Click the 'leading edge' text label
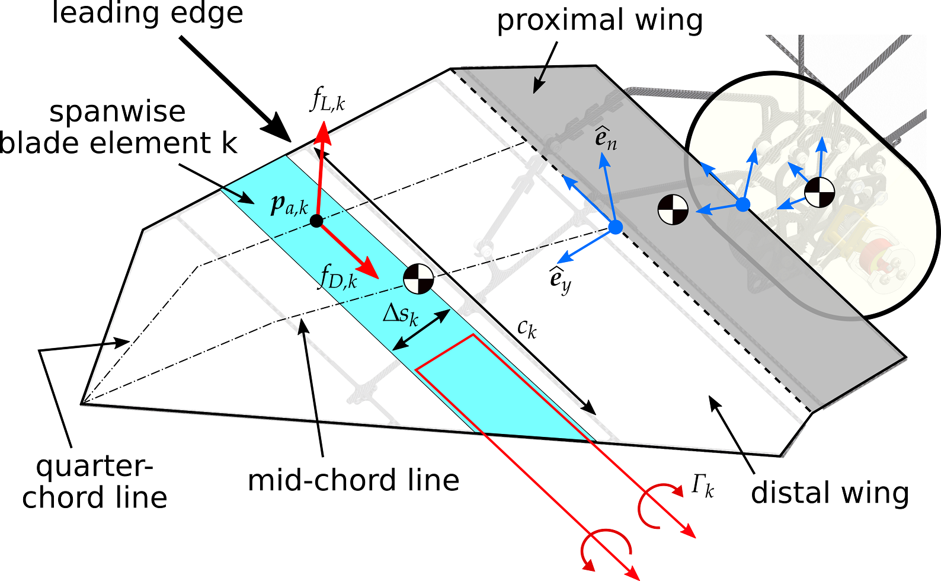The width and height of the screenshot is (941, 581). click(148, 13)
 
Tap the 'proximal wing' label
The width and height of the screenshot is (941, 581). click(600, 21)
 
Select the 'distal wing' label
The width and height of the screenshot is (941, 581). click(830, 493)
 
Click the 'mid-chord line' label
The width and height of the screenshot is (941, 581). click(353, 480)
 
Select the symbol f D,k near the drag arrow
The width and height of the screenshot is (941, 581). click(338, 276)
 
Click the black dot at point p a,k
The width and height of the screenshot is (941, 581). click(316, 221)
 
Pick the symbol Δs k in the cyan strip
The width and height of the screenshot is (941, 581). click(401, 314)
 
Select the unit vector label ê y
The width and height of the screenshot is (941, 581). click(560, 279)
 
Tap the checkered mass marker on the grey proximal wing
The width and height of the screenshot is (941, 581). click(673, 209)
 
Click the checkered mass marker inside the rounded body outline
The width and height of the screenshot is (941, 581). click(820, 192)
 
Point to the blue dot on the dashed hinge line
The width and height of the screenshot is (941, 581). click(616, 227)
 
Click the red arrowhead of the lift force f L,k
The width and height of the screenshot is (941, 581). click(323, 132)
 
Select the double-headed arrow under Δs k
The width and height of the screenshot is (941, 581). click(421, 330)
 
